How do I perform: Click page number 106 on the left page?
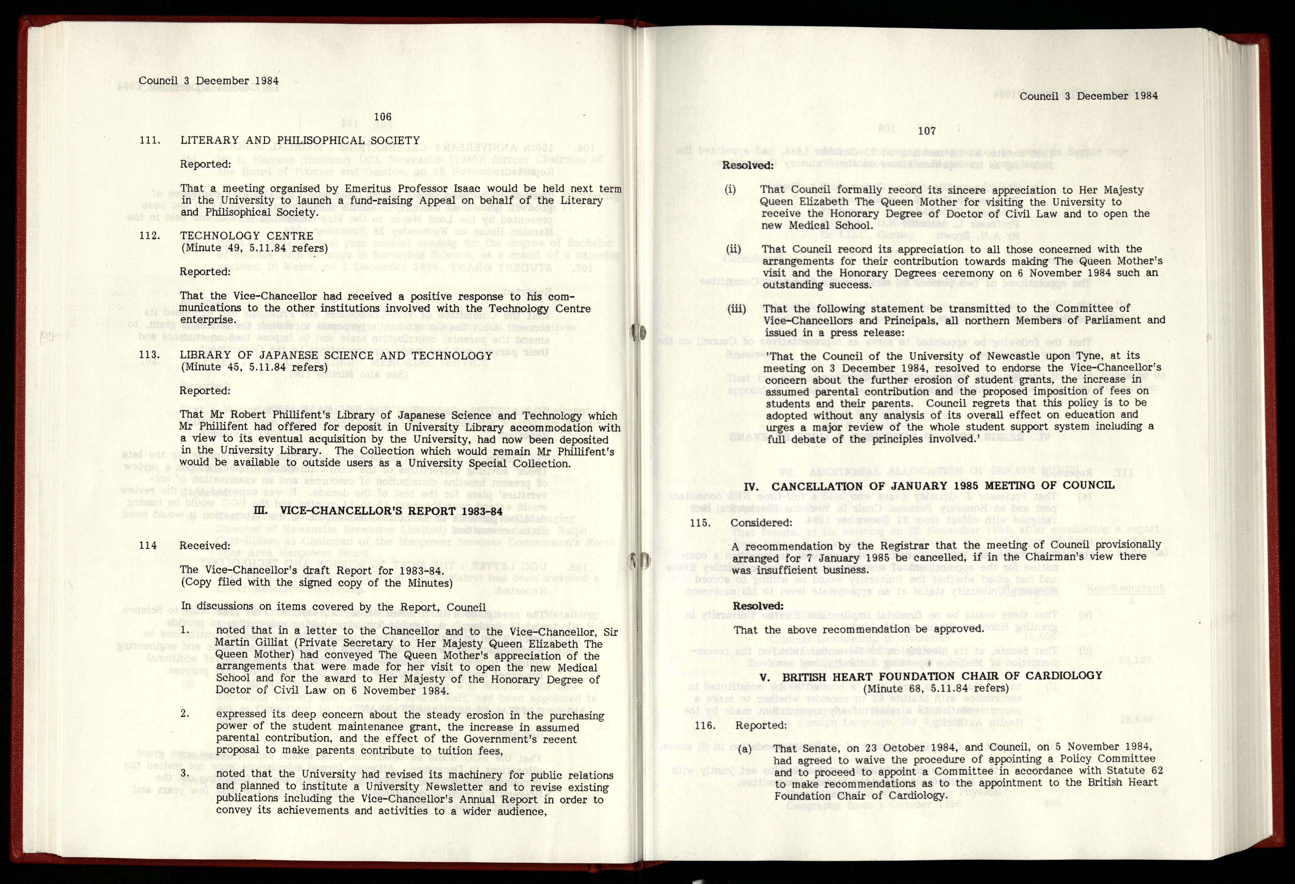coord(383,117)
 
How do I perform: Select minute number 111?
coord(150,140)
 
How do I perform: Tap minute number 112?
coord(150,236)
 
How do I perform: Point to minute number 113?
coord(150,355)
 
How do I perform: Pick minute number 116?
coord(705,725)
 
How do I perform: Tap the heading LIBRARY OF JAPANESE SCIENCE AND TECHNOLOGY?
coord(336,355)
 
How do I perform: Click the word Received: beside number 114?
coord(205,546)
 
